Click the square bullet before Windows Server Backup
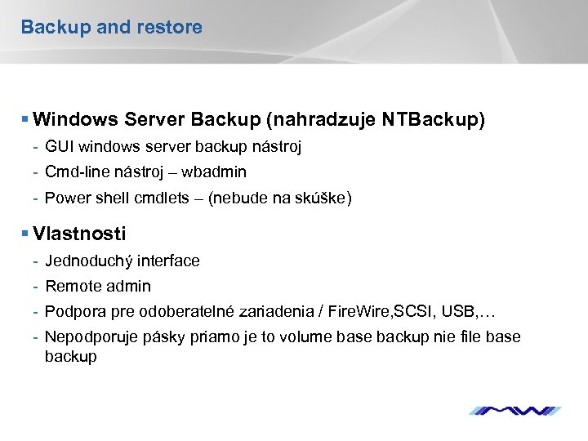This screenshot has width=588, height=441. point(25,120)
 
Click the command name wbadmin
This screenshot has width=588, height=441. point(214,172)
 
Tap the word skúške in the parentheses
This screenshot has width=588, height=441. point(320,198)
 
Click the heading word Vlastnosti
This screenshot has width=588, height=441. point(80,234)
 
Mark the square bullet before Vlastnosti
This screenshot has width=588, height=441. point(25,234)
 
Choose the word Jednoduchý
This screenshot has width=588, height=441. point(90,261)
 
